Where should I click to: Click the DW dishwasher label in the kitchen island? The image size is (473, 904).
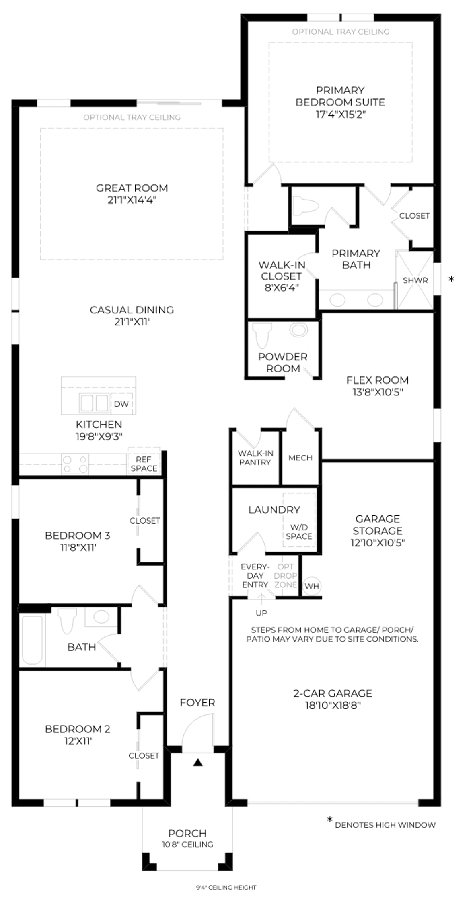121,404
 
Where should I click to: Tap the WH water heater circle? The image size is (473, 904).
312,586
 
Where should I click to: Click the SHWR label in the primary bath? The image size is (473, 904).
415,280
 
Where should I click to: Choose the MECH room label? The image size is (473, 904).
300,458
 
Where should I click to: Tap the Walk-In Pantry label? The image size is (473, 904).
255,458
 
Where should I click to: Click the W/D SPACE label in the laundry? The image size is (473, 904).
299,532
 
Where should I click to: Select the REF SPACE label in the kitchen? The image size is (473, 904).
144,464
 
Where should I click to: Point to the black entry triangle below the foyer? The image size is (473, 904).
197,762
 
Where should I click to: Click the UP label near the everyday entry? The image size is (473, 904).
261,613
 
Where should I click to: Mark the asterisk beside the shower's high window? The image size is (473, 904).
451,279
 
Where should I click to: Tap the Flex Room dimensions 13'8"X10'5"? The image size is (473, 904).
378,392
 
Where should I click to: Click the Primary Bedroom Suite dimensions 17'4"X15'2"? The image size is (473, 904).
341,114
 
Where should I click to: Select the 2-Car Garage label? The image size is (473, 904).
333,693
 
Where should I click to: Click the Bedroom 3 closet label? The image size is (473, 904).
145,520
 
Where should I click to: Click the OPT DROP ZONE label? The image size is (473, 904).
286,576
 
